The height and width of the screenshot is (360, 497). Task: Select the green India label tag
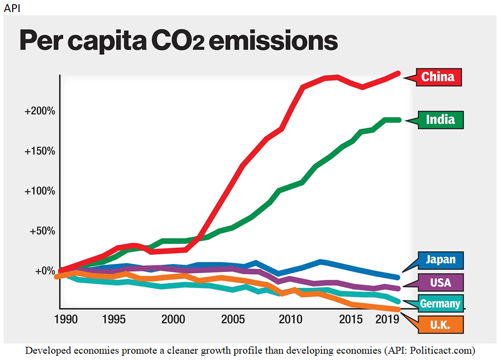(440, 120)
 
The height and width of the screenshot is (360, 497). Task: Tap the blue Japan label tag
(440, 260)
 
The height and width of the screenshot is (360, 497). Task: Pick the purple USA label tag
(440, 283)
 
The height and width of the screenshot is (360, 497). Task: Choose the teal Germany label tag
(440, 304)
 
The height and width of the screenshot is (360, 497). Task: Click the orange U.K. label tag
(440, 325)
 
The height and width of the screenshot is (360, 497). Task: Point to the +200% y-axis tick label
(40, 111)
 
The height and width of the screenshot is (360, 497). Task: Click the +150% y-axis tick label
(40, 151)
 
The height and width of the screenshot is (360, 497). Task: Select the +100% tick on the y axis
(40, 191)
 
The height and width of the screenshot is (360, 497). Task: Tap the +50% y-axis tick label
(42, 231)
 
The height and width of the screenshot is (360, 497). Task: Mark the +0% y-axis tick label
(44, 271)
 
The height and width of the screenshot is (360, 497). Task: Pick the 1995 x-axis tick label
(114, 319)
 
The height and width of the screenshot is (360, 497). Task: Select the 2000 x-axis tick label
(173, 319)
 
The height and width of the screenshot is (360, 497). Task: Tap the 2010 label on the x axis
(289, 319)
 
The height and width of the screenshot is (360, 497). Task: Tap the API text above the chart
(11, 7)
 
